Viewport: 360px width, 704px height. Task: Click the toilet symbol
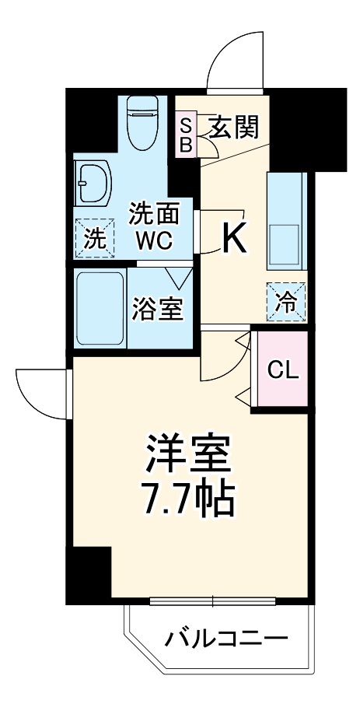click(144, 123)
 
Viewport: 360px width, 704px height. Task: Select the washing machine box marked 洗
click(93, 238)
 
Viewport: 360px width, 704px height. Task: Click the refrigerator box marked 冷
click(286, 299)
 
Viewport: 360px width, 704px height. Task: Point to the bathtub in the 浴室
click(101, 307)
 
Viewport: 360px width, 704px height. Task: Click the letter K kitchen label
click(235, 239)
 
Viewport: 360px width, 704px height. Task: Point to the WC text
click(154, 240)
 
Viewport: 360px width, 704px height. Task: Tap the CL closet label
click(283, 370)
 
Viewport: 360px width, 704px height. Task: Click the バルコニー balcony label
click(226, 642)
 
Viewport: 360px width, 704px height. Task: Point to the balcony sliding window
click(213, 601)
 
